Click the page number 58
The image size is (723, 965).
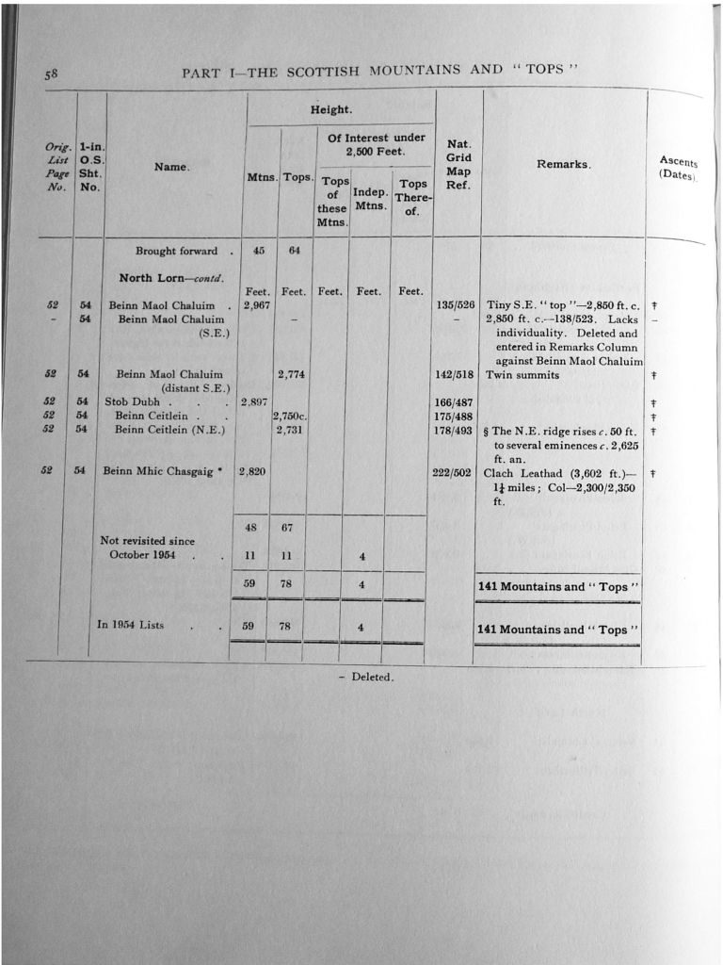coord(51,74)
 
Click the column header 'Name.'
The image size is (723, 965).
coord(172,167)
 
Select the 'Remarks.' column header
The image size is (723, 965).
coord(563,164)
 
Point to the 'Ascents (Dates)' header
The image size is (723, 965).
coord(678,168)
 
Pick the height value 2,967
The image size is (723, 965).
coord(257,305)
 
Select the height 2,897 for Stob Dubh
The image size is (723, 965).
coord(256,401)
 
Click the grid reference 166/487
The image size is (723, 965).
coord(454,401)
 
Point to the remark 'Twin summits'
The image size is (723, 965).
coord(522,374)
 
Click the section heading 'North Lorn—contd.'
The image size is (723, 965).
coord(166,278)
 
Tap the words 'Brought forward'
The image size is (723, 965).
coord(176,251)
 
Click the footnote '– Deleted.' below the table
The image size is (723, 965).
coord(366,677)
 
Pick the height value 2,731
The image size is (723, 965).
coord(293,430)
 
